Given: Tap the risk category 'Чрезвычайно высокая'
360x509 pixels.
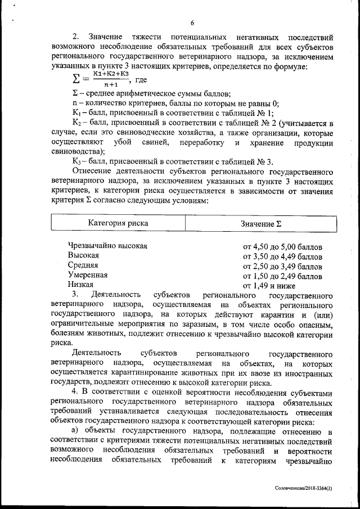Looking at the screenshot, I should pos(107,246).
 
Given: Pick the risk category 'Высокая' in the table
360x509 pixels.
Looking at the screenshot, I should pos(83,255).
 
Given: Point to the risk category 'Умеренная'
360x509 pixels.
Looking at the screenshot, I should pos(87,275).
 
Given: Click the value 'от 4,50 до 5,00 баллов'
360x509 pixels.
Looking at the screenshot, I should pos(282,246).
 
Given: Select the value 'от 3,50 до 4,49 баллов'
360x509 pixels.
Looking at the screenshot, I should pos(282,256).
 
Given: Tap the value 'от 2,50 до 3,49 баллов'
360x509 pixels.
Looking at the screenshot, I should pos(282,265).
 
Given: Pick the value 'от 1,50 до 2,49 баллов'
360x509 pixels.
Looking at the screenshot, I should pos(282,276).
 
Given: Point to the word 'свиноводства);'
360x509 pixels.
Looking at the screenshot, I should pos(77,152).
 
